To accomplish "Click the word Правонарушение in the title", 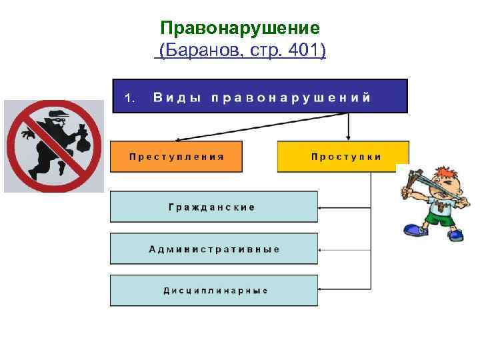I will [241, 28].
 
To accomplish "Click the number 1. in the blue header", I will [130, 98].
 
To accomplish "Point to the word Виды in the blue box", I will [177, 97].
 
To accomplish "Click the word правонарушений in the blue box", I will [291, 97].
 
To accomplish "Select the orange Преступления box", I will [177, 157].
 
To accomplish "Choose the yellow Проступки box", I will [343, 157].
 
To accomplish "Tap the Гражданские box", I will [213, 207].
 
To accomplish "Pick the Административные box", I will [213, 249].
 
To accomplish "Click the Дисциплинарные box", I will [213, 291].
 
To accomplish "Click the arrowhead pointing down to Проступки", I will [348, 136].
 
